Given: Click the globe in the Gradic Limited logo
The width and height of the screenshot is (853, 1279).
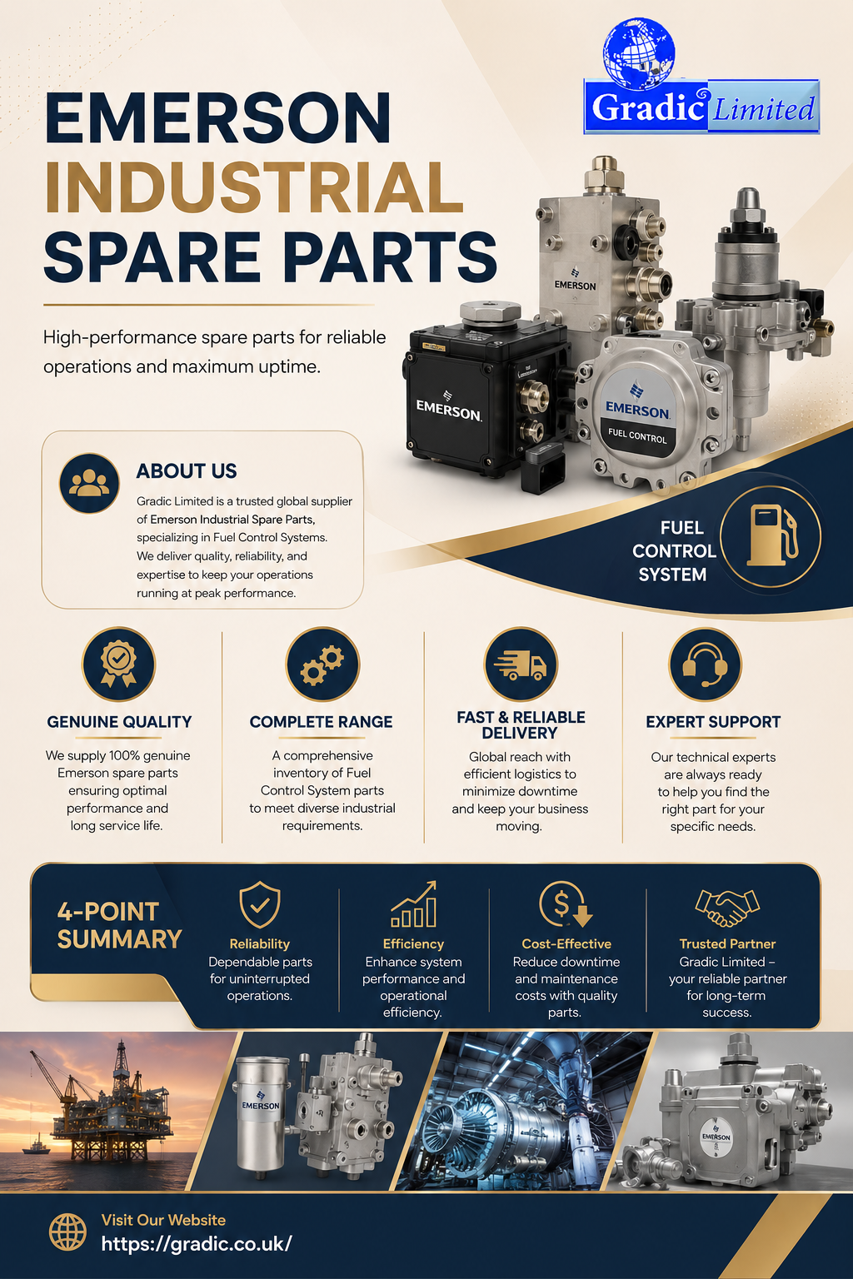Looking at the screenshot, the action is pyautogui.click(x=639, y=54).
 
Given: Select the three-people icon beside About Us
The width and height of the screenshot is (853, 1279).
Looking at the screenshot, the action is pyautogui.click(x=89, y=482).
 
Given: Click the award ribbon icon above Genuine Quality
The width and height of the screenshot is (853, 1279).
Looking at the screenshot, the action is pyautogui.click(x=118, y=663).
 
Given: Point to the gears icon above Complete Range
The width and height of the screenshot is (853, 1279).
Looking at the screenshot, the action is pyautogui.click(x=322, y=664).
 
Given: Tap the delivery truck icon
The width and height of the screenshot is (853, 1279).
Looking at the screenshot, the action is pyautogui.click(x=521, y=664).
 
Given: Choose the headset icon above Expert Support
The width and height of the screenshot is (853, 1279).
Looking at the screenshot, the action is pyautogui.click(x=705, y=664).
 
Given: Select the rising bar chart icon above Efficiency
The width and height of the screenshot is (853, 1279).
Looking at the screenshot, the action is pyautogui.click(x=414, y=903).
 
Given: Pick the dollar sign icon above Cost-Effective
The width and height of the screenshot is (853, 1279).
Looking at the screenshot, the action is pyautogui.click(x=565, y=903).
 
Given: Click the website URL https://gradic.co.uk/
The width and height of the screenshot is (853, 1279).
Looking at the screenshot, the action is pyautogui.click(x=197, y=1243).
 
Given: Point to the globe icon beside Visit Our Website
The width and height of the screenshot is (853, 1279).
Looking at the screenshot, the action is pyautogui.click(x=68, y=1232).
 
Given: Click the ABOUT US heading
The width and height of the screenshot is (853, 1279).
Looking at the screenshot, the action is pyautogui.click(x=187, y=471).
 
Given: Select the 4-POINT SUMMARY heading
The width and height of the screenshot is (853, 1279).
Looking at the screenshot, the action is pyautogui.click(x=119, y=926).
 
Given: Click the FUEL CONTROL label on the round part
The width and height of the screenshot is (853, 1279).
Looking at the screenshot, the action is pyautogui.click(x=637, y=435).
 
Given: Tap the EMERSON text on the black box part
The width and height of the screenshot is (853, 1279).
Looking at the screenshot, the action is pyautogui.click(x=448, y=409).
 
